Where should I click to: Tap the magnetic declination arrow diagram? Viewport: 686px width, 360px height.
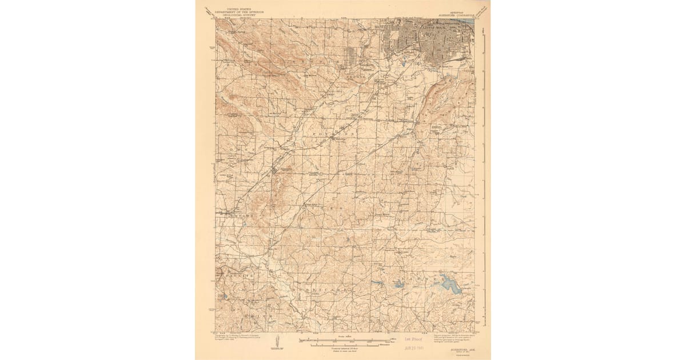tap(277, 341)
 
